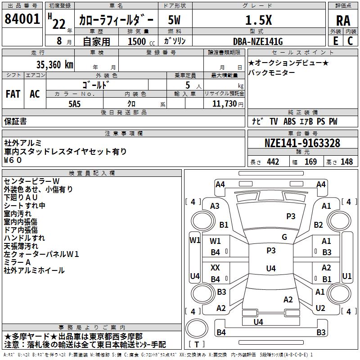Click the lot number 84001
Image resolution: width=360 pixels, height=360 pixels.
point(22,19)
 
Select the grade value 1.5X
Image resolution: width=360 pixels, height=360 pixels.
point(258,20)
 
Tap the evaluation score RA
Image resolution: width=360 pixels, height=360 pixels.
point(343,21)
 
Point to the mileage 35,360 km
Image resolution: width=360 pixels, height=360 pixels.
point(54,65)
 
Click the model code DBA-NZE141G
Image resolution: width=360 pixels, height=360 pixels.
point(258,41)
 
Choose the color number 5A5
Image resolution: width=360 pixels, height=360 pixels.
point(75,104)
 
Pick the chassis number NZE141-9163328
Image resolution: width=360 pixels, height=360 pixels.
point(302,143)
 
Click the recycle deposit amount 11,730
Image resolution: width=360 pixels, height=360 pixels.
point(224,104)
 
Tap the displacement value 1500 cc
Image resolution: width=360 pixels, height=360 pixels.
point(141,41)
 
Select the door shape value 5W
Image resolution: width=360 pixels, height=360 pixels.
point(174,20)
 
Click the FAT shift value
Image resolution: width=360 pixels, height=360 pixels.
point(13,94)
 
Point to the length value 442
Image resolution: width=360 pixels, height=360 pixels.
point(273,162)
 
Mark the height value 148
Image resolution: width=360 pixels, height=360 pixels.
point(346,162)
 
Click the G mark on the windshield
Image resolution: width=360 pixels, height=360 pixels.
point(284,237)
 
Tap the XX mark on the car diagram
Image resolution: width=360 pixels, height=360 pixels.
point(215,267)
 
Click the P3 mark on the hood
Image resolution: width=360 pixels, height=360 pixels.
point(291,216)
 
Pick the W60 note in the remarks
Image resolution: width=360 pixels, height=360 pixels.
point(13,160)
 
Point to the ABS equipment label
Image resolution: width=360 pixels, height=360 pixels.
point(289,121)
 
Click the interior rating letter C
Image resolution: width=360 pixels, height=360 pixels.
point(350,41)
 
